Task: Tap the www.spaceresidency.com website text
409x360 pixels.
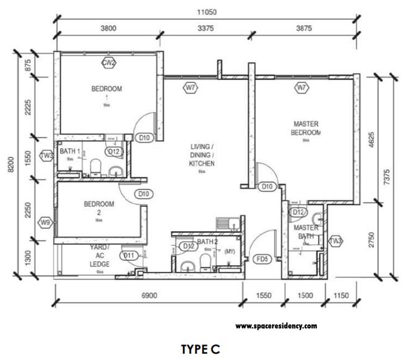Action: tap(276, 325)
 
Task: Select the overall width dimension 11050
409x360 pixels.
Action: tap(209, 12)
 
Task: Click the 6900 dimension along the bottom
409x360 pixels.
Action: tap(148, 297)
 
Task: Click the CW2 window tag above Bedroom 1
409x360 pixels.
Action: tap(110, 62)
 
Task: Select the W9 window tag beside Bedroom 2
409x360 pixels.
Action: tap(45, 222)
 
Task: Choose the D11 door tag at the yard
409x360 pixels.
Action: tap(129, 255)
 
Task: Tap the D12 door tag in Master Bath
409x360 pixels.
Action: tap(297, 212)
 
